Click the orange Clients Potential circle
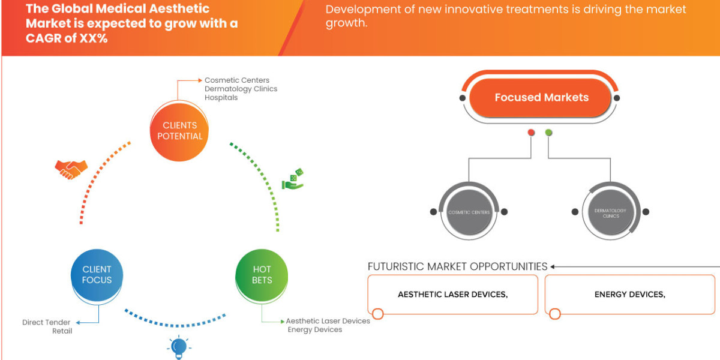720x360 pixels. (x=179, y=131)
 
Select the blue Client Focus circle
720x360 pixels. (x=97, y=275)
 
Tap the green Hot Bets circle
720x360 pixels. (x=262, y=275)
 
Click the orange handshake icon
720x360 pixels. (x=71, y=169)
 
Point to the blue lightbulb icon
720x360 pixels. (x=178, y=347)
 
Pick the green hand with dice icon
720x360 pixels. (x=293, y=179)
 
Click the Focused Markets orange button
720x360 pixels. (x=541, y=97)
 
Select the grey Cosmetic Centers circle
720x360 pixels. (x=469, y=212)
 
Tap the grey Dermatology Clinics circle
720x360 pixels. (x=610, y=212)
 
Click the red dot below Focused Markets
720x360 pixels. (x=530, y=133)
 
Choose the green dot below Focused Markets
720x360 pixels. (x=548, y=133)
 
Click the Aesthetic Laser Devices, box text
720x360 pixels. (x=453, y=295)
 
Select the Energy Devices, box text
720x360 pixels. (x=629, y=295)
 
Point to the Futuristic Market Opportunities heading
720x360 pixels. (x=457, y=266)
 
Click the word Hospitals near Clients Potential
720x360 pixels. (x=221, y=98)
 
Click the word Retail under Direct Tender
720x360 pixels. (x=62, y=331)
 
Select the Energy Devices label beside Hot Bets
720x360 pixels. (x=314, y=329)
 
